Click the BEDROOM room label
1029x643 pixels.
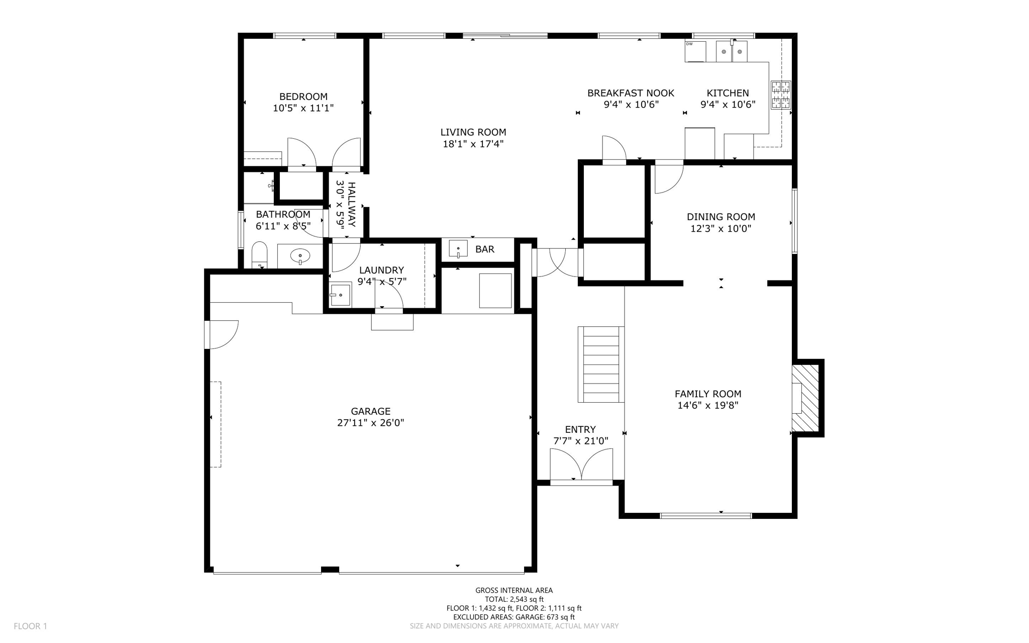point(303,97)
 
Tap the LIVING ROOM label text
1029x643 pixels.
point(473,132)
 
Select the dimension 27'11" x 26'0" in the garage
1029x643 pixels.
point(371,423)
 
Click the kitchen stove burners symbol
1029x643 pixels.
point(781,95)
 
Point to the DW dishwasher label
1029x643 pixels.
point(689,44)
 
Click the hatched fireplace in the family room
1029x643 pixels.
point(805,398)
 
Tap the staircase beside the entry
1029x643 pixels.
point(601,364)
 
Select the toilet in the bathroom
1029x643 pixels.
point(259,255)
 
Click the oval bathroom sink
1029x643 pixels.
point(300,256)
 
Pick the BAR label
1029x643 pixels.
point(485,249)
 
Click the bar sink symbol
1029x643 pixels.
point(458,249)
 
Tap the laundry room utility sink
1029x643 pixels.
point(340,295)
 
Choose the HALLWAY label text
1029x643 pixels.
point(352,205)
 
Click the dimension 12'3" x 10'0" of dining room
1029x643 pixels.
point(721,229)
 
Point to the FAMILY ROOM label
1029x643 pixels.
point(708,394)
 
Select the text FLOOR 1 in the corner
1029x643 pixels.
point(30,626)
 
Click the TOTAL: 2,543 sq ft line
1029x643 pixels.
point(514,599)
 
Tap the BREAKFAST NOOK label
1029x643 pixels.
point(631,93)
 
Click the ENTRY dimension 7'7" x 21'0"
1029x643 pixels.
point(580,441)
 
